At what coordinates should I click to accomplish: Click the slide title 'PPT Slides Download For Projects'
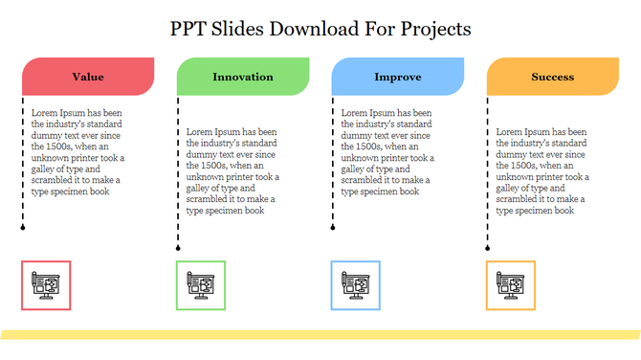click(x=320, y=29)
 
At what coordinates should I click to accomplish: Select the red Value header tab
click(x=88, y=77)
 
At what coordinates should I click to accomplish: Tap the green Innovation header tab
click(x=243, y=77)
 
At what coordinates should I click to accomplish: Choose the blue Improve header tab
click(x=398, y=77)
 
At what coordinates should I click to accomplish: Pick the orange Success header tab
click(x=553, y=77)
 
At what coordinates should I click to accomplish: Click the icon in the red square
click(x=46, y=284)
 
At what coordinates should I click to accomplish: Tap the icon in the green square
click(x=201, y=284)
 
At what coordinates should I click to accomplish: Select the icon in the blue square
click(x=356, y=284)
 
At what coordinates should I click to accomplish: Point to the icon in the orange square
click(x=511, y=284)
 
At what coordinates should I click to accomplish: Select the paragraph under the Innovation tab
click(x=233, y=170)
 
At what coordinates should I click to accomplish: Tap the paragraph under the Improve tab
click(x=388, y=151)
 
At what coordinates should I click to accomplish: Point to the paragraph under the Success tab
click(x=543, y=170)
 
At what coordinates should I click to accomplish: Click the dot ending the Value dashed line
click(x=23, y=229)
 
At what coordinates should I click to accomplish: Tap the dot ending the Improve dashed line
click(x=333, y=229)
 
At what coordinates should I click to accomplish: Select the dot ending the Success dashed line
click(x=488, y=248)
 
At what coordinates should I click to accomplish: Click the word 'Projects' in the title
click(x=431, y=29)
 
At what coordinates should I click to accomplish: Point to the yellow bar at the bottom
click(x=320, y=334)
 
